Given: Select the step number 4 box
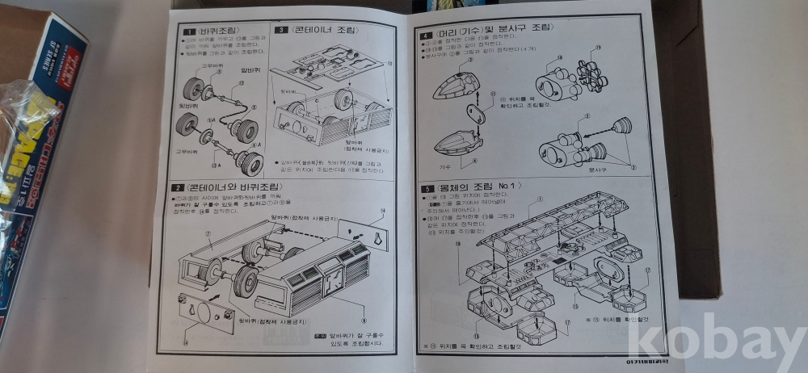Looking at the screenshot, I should pyautogui.click(x=426, y=36).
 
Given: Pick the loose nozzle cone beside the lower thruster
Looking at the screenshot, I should pyautogui.click(x=622, y=127).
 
